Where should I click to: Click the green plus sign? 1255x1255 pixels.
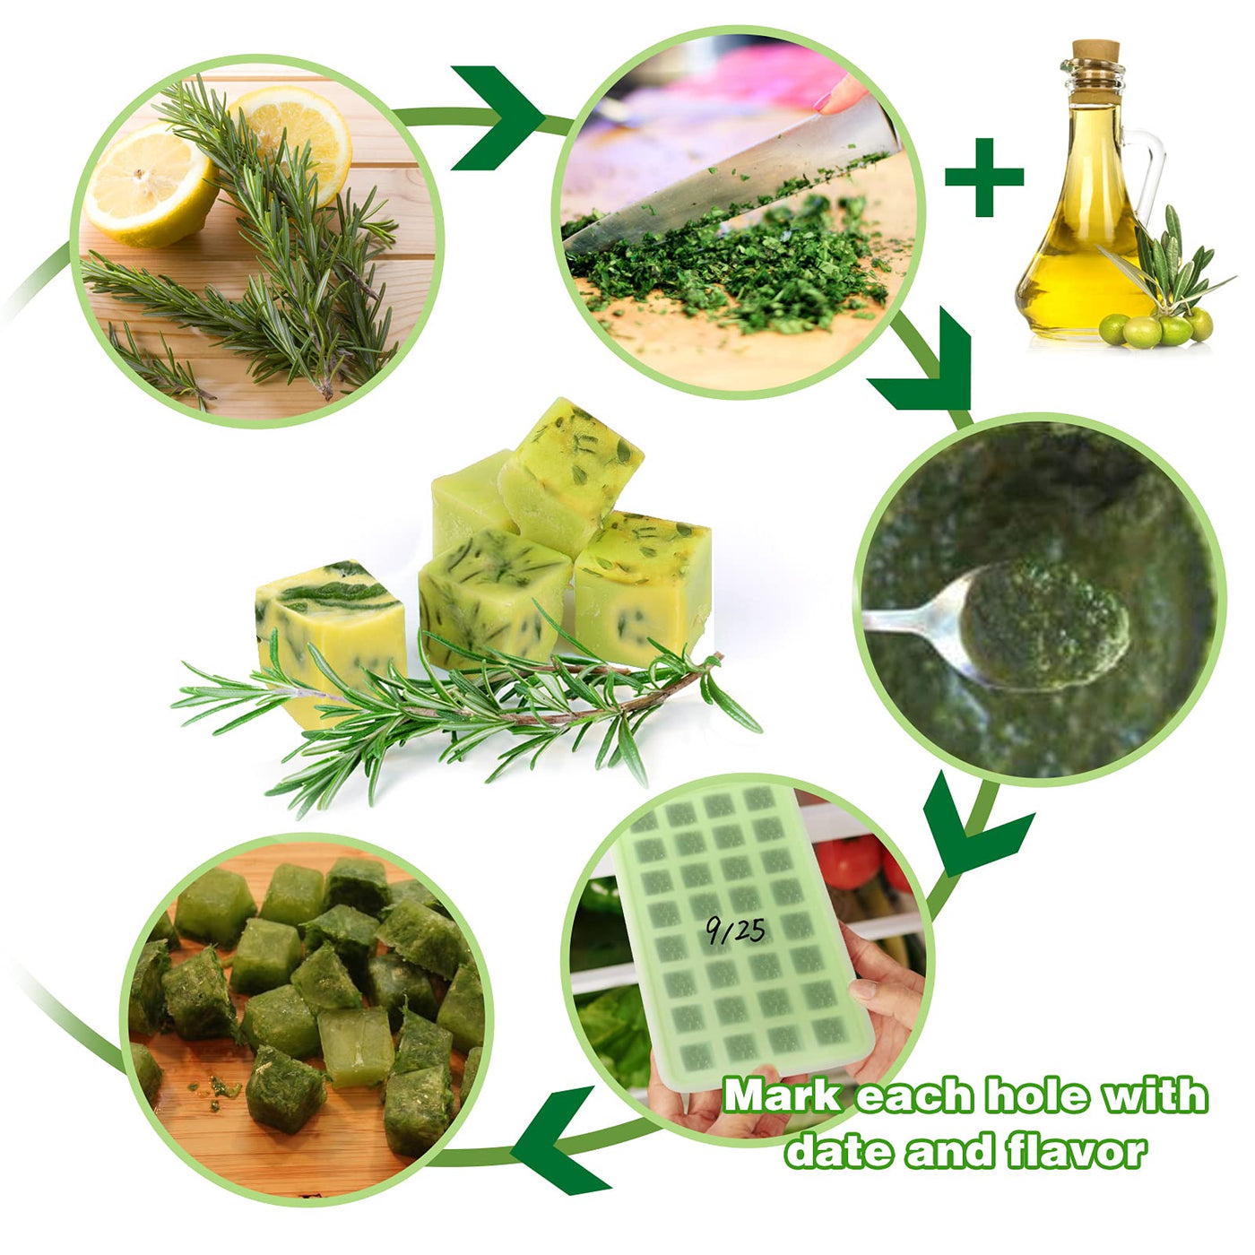983,177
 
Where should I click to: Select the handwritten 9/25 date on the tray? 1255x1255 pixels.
736,930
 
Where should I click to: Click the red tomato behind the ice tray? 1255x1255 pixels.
849,861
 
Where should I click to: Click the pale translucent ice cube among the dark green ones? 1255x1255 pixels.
356,1046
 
